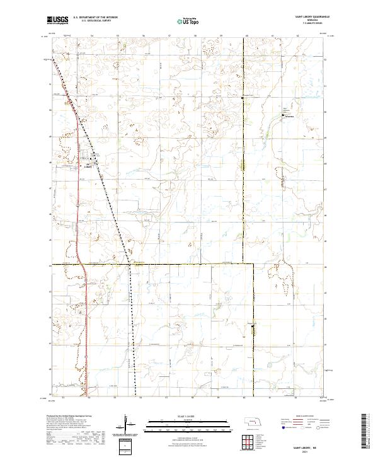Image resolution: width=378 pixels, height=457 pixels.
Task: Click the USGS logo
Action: (57, 21)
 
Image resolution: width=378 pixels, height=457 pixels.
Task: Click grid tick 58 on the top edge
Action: (194, 36)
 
